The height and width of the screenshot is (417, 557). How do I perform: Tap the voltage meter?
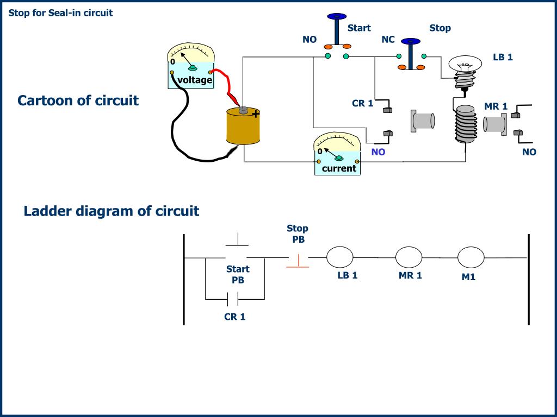(191, 66)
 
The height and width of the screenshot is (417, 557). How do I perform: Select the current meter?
(337, 154)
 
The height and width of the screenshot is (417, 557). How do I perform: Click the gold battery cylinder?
(243, 126)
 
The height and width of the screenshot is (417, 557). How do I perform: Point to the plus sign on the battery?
(256, 114)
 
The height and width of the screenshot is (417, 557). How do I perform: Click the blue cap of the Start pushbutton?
(337, 16)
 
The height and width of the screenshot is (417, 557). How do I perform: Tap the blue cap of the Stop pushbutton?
(411, 41)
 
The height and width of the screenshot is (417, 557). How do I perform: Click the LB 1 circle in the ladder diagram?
(339, 257)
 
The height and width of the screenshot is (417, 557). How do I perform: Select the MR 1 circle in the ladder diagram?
(409, 257)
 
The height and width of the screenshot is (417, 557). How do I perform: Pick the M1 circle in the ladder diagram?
(471, 257)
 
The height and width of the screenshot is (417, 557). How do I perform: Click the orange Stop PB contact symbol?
(298, 261)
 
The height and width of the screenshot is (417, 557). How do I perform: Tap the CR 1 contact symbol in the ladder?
(233, 299)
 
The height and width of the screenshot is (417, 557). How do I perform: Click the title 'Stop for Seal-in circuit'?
(60, 13)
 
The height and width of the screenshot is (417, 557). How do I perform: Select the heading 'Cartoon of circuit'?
(78, 100)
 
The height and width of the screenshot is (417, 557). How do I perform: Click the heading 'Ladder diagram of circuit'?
(111, 211)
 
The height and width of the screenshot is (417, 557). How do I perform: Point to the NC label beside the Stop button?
(388, 39)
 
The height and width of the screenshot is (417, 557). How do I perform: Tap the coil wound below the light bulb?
(466, 124)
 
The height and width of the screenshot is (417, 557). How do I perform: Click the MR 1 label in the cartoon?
(496, 106)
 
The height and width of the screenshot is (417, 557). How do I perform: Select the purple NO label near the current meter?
(379, 152)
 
